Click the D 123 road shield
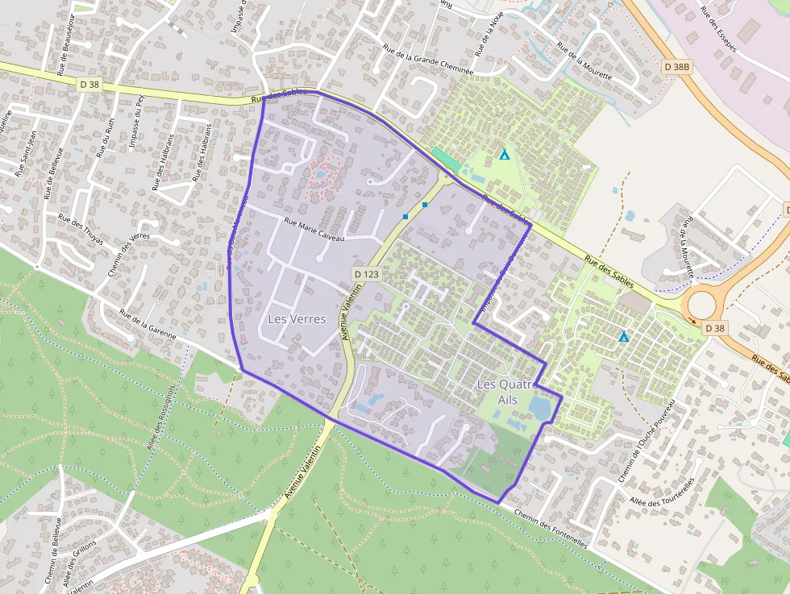click(366, 275)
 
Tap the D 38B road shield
click(678, 66)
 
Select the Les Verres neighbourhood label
click(297, 319)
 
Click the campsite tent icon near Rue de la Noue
click(505, 154)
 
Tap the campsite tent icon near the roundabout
click(623, 336)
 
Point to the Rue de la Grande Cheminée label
click(427, 57)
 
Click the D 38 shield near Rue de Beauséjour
click(89, 84)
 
